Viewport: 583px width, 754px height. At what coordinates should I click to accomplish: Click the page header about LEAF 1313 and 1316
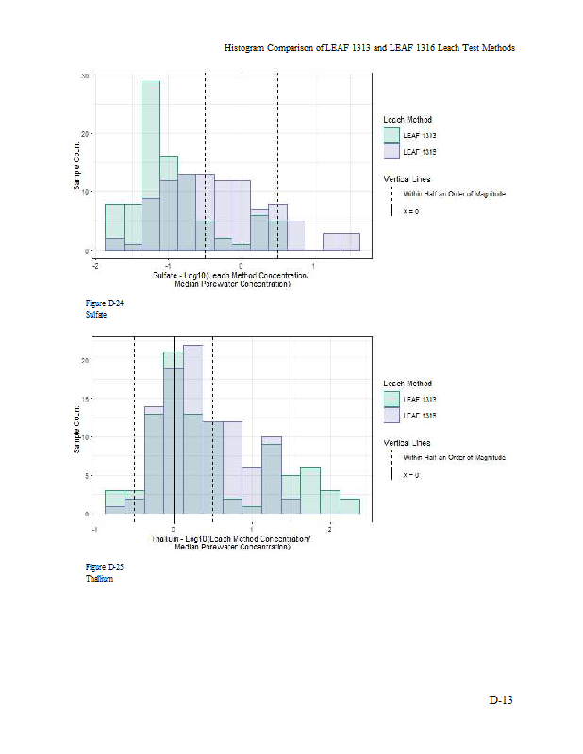369,47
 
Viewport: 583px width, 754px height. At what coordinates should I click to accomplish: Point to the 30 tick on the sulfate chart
86,75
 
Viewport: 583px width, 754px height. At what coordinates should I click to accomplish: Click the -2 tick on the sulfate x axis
95,265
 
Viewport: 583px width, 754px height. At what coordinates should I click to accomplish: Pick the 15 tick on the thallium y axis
86,399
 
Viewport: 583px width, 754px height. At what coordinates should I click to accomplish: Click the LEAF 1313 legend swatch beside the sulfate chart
391,136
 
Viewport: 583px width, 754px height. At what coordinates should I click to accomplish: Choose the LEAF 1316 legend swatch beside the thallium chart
391,415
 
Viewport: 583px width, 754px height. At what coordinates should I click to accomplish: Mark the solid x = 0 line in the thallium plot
174,424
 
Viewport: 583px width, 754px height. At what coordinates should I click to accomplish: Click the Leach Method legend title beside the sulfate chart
408,120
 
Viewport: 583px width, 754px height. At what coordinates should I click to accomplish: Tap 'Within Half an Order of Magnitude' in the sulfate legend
454,193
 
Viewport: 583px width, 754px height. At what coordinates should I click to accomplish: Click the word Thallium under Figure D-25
99,578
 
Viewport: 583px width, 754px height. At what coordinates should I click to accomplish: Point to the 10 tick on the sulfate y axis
86,192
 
